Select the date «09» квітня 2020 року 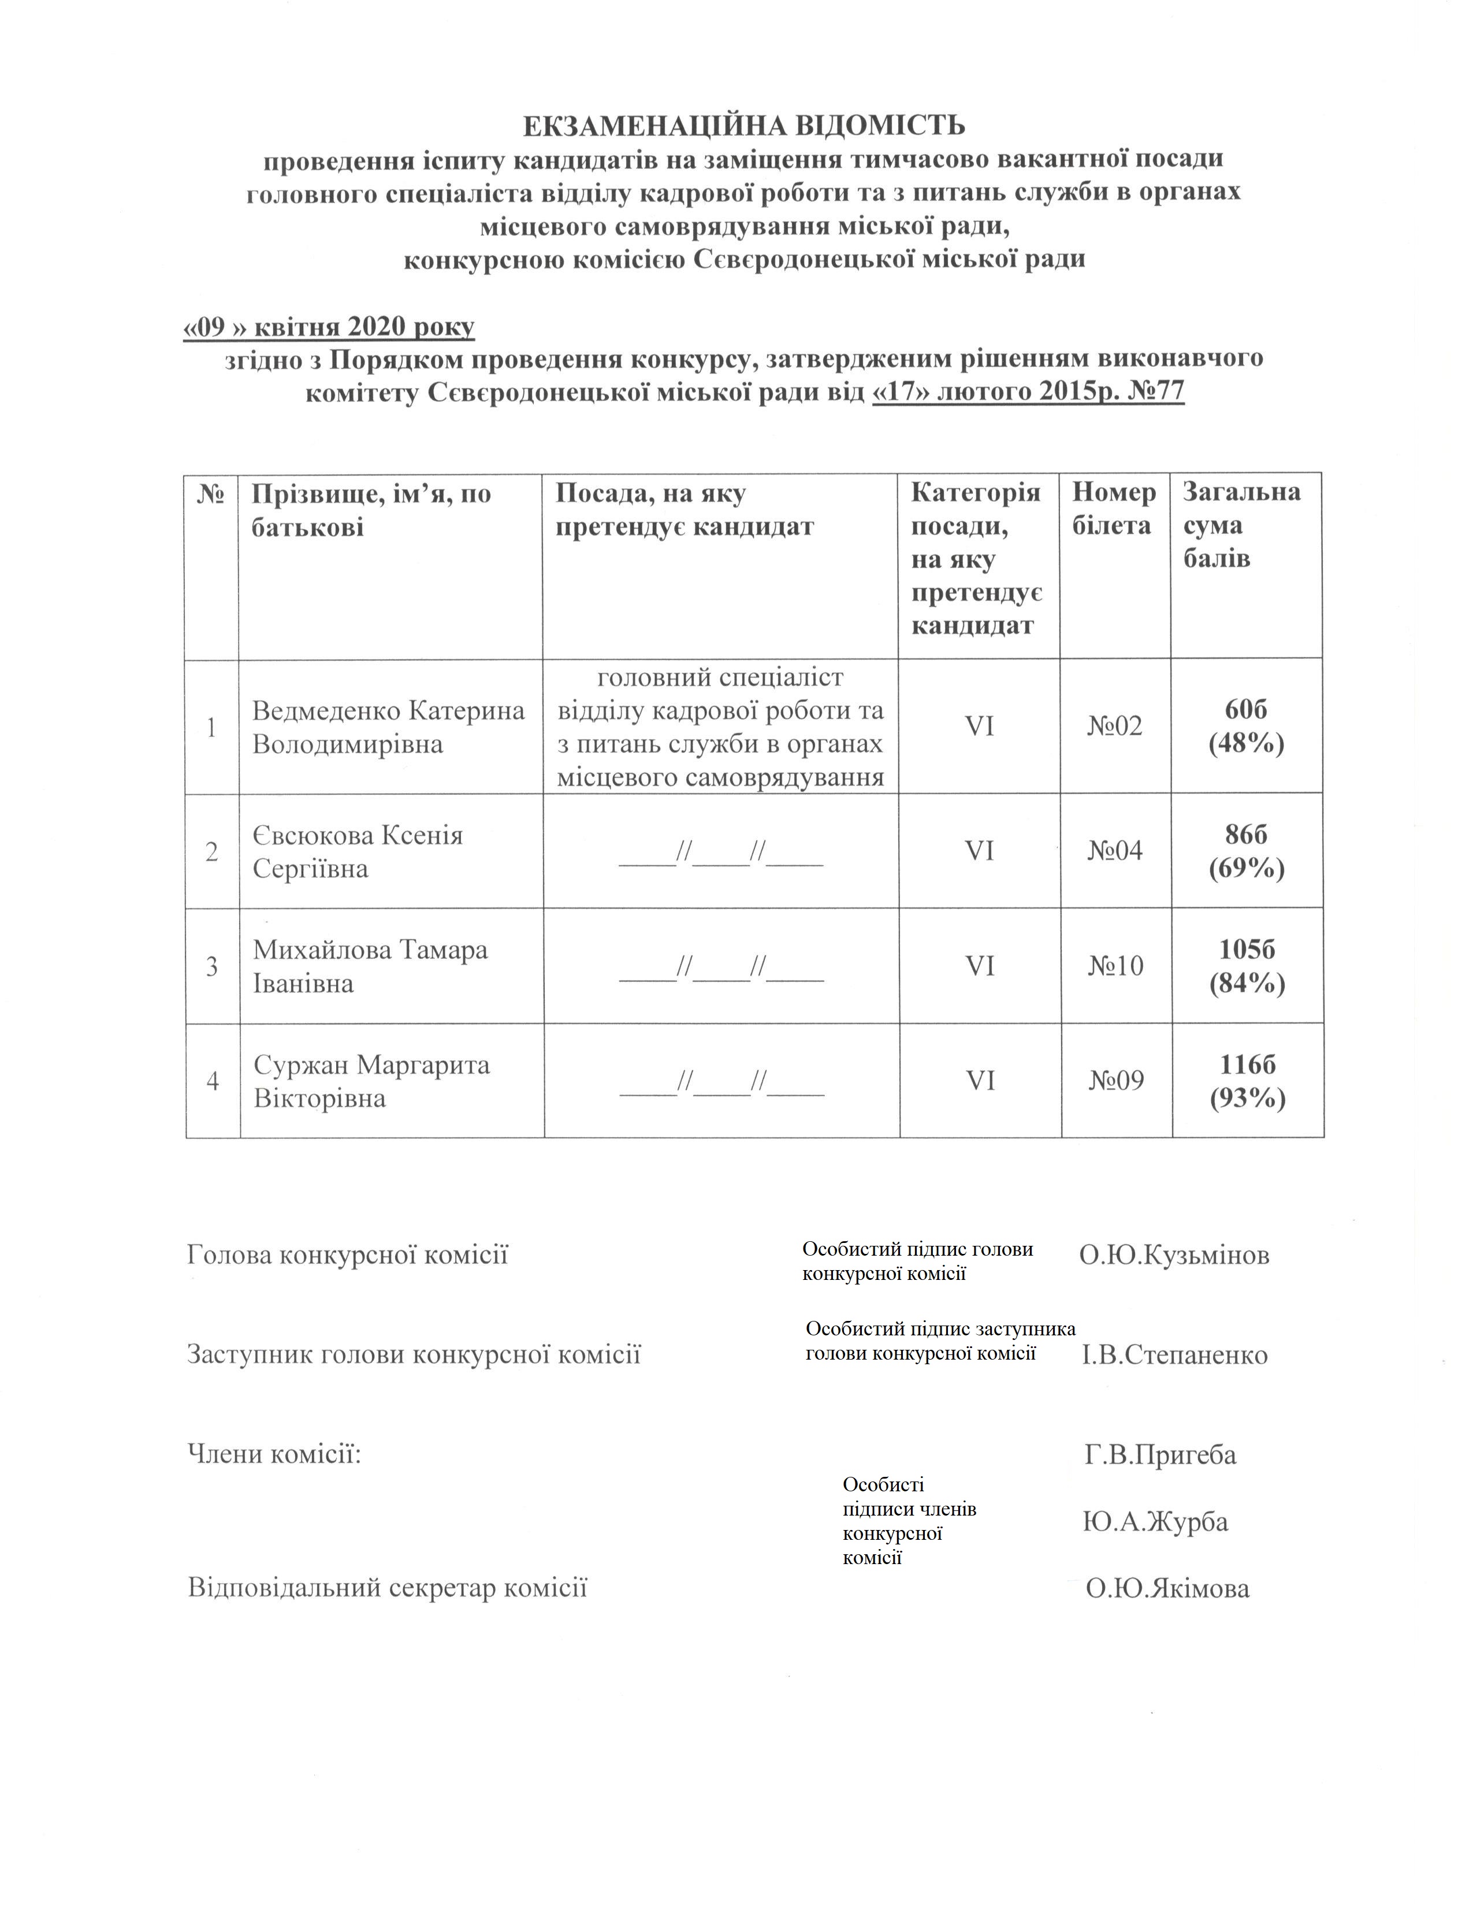tap(329, 327)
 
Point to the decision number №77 tap(1155, 391)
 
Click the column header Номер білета tap(1114, 509)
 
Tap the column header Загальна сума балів tap(1241, 526)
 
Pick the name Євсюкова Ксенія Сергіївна tap(358, 852)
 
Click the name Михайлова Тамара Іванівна tap(370, 967)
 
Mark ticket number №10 tap(1115, 966)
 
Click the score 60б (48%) tap(1246, 726)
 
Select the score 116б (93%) tap(1248, 1081)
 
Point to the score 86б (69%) tap(1246, 852)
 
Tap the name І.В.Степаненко tap(1174, 1356)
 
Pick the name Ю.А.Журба tap(1155, 1522)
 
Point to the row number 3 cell tap(212, 967)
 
